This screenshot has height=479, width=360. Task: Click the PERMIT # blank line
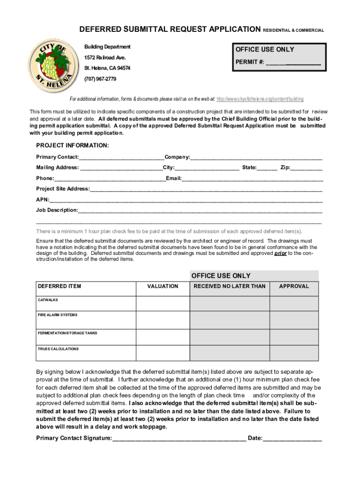pos(293,62)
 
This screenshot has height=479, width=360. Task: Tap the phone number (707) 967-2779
pos(100,79)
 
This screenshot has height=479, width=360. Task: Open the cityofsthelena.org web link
pos(260,99)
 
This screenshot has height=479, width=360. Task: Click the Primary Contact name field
pos(121,157)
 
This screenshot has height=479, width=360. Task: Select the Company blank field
pos(256,157)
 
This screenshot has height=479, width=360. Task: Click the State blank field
pos(267,168)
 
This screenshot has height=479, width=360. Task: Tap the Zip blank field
pos(306,168)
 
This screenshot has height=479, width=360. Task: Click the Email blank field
pos(252,179)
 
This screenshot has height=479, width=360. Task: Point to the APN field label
pos(42,199)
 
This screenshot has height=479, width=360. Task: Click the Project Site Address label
pos(63,189)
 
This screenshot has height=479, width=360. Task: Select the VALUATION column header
pos(162,286)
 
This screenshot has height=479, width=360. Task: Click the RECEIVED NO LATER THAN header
pos(229,286)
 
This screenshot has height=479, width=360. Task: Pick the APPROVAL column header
pos(294,286)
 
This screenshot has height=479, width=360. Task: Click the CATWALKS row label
pos(48,300)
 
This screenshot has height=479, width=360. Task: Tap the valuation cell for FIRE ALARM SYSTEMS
pos(162,320)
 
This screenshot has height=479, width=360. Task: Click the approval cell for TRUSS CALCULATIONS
pos(294,353)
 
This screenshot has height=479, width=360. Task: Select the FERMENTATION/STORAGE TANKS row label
pos(67,333)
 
